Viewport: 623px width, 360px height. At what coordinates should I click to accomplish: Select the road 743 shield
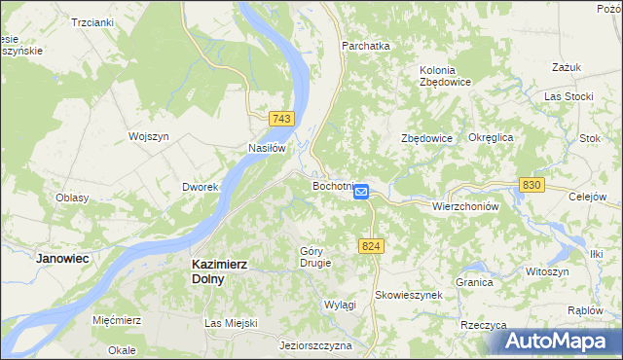281,119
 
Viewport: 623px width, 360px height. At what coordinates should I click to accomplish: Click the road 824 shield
369,248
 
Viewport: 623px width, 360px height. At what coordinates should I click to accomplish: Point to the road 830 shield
531,184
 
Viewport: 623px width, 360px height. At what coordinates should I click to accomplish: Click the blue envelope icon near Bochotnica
361,193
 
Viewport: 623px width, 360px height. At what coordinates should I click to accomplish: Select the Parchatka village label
365,45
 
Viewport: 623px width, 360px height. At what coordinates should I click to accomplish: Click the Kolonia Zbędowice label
446,76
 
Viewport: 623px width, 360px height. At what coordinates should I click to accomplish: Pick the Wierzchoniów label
465,207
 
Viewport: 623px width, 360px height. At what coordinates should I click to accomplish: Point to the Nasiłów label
266,149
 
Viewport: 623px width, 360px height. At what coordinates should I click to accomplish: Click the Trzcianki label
92,21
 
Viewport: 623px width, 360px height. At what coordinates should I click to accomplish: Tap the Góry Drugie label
315,257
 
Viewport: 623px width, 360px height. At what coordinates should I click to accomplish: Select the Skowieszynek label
409,294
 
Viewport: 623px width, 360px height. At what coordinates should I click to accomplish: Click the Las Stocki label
568,97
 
